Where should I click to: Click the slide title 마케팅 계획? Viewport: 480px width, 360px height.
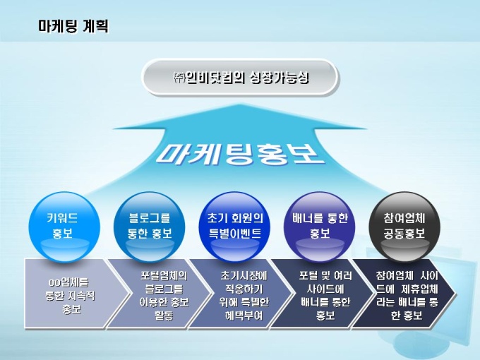(x=73, y=26)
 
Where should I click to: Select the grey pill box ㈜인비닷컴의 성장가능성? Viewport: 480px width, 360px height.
(x=240, y=77)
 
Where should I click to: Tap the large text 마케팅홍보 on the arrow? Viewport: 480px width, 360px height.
(x=240, y=154)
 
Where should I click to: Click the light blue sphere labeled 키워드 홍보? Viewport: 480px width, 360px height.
(x=64, y=227)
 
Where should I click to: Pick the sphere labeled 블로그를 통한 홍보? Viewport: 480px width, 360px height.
(x=150, y=227)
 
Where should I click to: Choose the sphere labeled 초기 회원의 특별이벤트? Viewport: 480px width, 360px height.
(x=234, y=227)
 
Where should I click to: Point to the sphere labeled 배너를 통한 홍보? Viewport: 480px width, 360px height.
(x=320, y=227)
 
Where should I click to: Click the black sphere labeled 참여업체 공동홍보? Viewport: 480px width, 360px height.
(x=404, y=227)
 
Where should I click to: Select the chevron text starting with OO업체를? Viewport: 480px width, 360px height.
(x=70, y=295)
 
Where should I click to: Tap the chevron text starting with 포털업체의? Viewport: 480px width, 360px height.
(x=164, y=295)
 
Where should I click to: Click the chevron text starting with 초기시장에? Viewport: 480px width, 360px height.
(x=244, y=295)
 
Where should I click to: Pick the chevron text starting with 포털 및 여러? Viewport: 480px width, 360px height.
(x=325, y=295)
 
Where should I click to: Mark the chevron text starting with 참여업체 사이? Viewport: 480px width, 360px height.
(x=407, y=295)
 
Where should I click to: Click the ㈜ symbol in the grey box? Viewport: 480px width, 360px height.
(x=179, y=78)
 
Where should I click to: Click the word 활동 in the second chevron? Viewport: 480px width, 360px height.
(x=164, y=316)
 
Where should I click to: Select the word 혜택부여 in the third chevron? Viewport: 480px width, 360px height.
(x=244, y=316)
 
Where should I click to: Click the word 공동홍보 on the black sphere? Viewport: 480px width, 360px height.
(x=404, y=234)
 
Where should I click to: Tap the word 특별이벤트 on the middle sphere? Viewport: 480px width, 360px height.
(x=235, y=234)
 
